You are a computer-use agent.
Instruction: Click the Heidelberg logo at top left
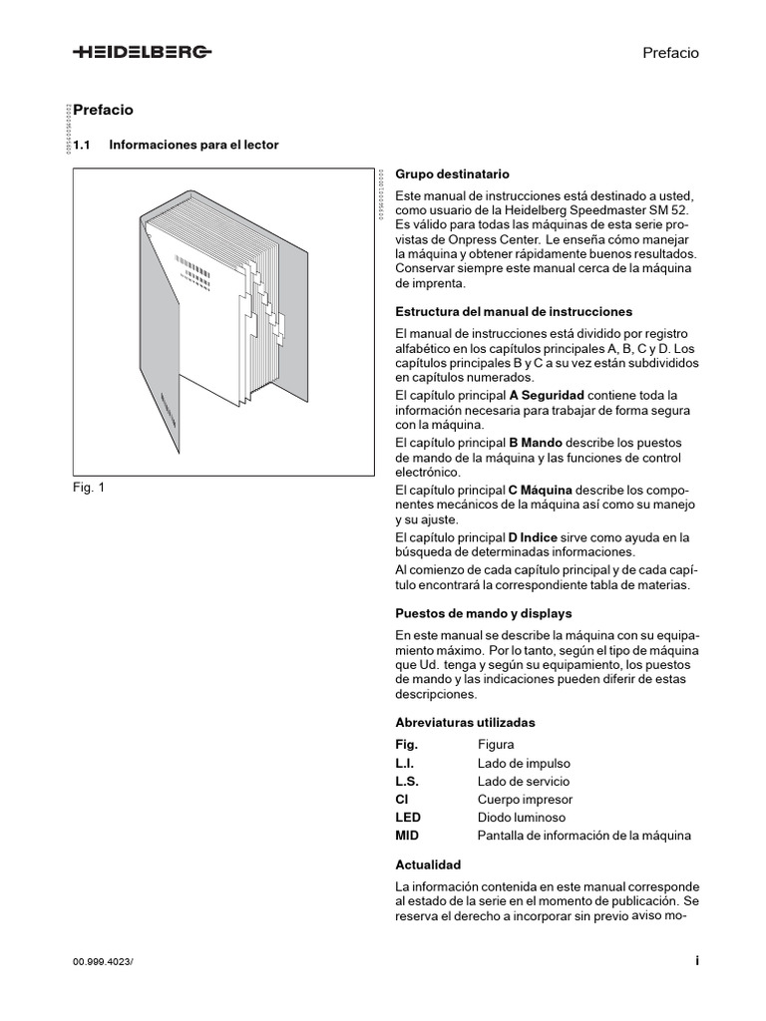pyautogui.click(x=141, y=53)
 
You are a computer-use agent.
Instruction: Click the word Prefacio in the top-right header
pyautogui.click(x=670, y=53)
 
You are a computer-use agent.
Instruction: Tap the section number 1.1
pyautogui.click(x=82, y=145)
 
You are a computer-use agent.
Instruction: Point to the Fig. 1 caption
pyautogui.click(x=89, y=488)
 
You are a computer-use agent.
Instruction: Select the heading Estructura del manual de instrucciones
pyautogui.click(x=514, y=311)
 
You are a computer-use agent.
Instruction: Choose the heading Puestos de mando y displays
pyautogui.click(x=484, y=613)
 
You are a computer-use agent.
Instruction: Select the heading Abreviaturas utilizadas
pyautogui.click(x=465, y=722)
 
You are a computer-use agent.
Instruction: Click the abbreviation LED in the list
pyautogui.click(x=408, y=818)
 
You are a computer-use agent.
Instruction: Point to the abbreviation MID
pyautogui.click(x=407, y=836)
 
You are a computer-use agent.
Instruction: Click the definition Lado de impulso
pyautogui.click(x=524, y=763)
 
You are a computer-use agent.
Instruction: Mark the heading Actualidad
pyautogui.click(x=428, y=864)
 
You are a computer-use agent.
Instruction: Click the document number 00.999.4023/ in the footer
pyautogui.click(x=103, y=961)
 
